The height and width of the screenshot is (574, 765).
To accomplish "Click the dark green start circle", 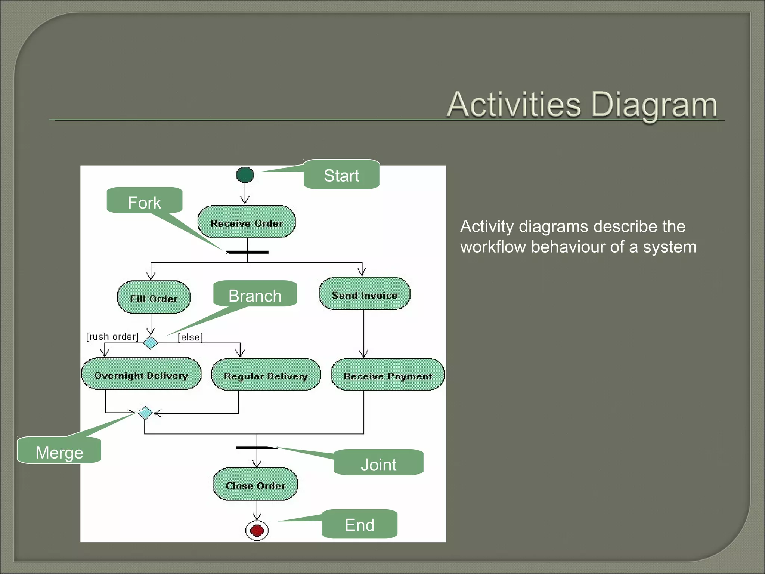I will coord(245,175).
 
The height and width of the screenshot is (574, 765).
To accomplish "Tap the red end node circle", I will coord(257,530).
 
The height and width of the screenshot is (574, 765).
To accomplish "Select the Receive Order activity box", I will coord(247,222).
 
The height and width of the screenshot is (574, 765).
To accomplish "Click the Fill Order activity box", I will coord(154,297).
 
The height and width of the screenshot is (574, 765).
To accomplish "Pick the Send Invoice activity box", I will coord(364,294).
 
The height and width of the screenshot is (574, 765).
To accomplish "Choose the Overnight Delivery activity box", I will coord(141,374).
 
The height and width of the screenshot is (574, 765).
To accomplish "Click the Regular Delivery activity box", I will coord(266,375).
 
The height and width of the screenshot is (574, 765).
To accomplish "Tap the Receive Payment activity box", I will coord(388,375).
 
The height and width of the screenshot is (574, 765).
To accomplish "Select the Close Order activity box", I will coord(255,485).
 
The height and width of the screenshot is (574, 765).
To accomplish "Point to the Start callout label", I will coord(341,175).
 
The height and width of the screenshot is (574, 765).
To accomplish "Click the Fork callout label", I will coord(145,202).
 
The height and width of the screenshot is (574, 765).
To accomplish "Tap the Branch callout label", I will coord(255,295).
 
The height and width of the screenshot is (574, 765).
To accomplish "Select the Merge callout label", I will coord(59,452).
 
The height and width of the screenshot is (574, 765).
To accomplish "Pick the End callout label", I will coord(359,524).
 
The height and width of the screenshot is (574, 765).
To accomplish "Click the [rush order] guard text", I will coord(112,336).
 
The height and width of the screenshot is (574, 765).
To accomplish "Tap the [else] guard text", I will coord(190,337).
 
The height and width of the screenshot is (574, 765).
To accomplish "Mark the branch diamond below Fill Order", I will coord(151,343).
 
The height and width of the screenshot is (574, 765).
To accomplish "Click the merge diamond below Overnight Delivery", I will coord(145,413).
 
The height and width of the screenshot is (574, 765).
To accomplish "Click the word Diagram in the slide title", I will coord(654,105).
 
